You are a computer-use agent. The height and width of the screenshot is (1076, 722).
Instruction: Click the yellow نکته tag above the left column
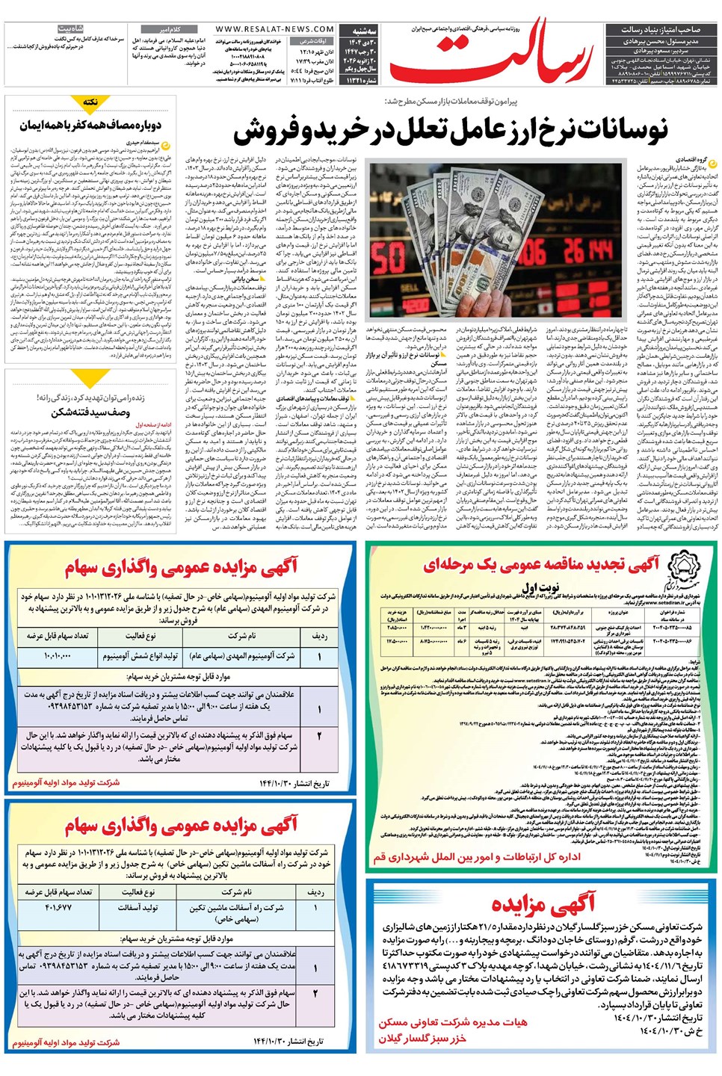(90, 102)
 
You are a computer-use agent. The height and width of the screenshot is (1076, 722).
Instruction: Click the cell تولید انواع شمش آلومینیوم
(141, 655)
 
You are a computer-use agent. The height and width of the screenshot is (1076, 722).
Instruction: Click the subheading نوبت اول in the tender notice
(541, 587)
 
